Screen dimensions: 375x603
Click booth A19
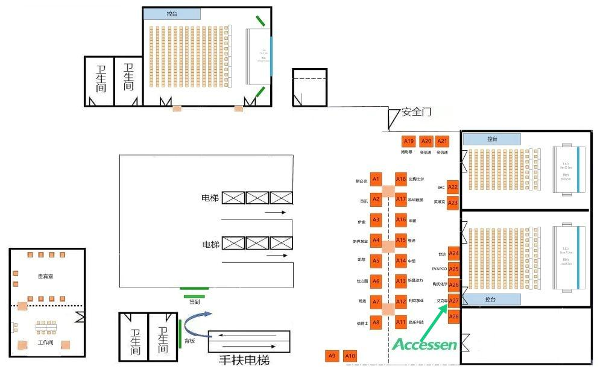(x=409, y=141)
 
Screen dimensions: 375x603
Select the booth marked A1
(x=376, y=179)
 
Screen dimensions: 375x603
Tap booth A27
(x=454, y=300)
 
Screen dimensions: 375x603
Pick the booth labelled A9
(x=332, y=356)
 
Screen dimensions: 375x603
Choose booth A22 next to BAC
(x=453, y=187)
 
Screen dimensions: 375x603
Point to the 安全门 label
(x=416, y=112)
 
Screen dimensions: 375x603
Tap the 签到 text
(x=194, y=301)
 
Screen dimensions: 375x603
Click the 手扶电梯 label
(x=244, y=361)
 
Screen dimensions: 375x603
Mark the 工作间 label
(x=46, y=342)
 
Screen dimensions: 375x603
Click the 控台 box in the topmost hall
(x=171, y=14)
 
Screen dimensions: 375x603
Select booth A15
(x=401, y=240)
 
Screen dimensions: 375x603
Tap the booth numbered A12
(x=401, y=301)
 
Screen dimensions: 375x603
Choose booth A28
(x=454, y=317)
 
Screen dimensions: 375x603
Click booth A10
(x=350, y=356)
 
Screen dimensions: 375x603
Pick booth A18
(x=401, y=179)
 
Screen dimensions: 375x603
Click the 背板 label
(x=189, y=341)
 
